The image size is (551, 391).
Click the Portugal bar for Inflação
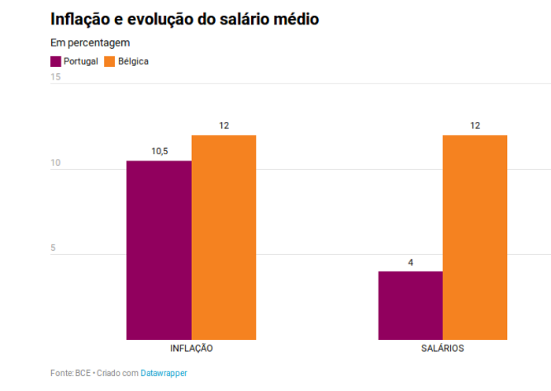(x=159, y=250)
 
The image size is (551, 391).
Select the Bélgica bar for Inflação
(x=224, y=238)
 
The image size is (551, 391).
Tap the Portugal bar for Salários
(x=410, y=305)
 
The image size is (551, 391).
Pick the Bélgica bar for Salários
(x=475, y=238)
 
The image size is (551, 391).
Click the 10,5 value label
(x=159, y=151)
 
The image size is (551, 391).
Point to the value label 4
(x=410, y=262)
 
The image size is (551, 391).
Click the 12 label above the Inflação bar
(x=224, y=126)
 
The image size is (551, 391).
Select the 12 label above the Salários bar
(x=475, y=126)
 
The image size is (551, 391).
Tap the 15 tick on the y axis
(x=56, y=77)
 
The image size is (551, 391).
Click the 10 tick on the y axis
(x=56, y=163)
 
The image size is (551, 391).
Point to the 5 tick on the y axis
(x=54, y=248)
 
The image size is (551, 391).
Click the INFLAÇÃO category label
(x=191, y=348)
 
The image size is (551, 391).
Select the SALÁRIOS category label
(x=442, y=348)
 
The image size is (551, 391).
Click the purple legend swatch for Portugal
(x=56, y=61)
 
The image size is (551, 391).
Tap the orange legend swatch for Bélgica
(x=110, y=61)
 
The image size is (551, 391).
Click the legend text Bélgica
(x=133, y=61)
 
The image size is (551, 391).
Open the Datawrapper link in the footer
(x=164, y=373)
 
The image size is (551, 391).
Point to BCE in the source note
(x=83, y=373)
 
